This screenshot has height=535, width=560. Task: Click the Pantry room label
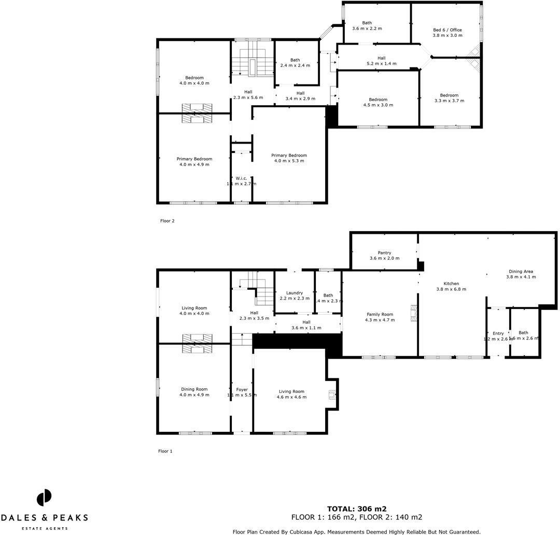(x=384, y=253)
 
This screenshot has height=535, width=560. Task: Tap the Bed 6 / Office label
(x=447, y=30)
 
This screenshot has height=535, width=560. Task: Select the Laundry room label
(x=295, y=293)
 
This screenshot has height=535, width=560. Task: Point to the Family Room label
(x=380, y=314)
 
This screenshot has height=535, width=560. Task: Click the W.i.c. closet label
(x=241, y=178)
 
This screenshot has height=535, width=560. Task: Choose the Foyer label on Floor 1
(x=242, y=389)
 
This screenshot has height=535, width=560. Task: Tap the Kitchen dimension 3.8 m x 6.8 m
(x=451, y=289)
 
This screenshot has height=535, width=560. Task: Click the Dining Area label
(x=521, y=271)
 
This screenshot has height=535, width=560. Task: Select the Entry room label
(x=498, y=333)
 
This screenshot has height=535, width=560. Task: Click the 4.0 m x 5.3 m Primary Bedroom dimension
(x=289, y=161)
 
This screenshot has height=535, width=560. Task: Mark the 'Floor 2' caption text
(x=167, y=221)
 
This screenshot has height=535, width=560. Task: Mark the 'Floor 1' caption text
(x=165, y=451)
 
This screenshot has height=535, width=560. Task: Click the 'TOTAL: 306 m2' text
(x=356, y=509)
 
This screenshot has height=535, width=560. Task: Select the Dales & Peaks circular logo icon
(x=44, y=498)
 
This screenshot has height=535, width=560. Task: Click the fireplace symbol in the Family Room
(x=413, y=314)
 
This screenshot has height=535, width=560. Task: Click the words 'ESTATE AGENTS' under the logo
(x=44, y=528)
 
